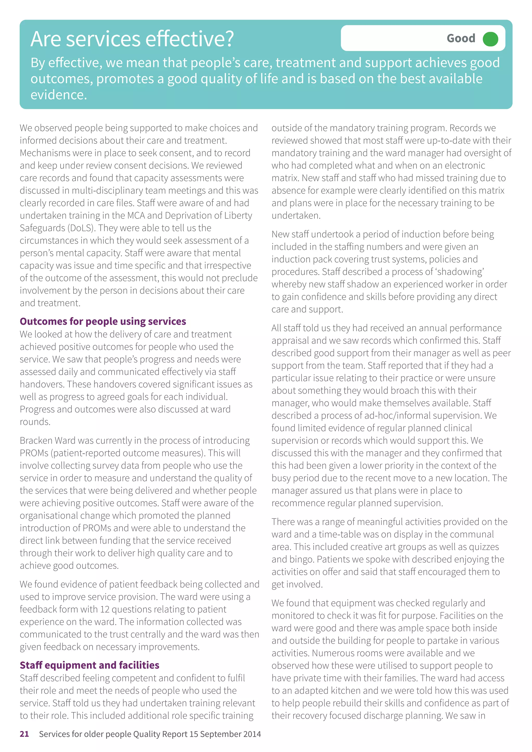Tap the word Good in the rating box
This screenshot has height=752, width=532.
[461, 39]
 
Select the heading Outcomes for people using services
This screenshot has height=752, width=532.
[103, 321]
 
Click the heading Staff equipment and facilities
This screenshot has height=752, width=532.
[89, 665]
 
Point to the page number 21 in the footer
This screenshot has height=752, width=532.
[24, 734]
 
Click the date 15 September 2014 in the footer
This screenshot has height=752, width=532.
[225, 734]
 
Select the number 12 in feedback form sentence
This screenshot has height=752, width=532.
[105, 609]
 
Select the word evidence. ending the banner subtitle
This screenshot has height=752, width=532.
[59, 95]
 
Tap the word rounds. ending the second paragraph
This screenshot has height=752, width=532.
[35, 422]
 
